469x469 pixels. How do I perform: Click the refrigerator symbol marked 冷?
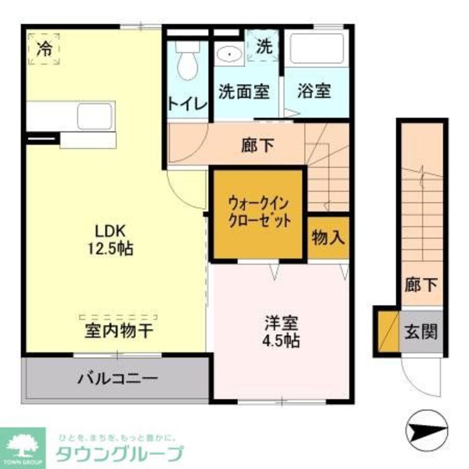[x=44, y=49]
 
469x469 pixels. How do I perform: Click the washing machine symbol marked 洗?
[x=264, y=47]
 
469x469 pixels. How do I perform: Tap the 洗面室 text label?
[x=243, y=91]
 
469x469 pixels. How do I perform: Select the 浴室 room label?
[x=314, y=91]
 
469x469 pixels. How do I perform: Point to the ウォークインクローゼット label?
[x=258, y=212]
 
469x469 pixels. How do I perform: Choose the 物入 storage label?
[x=328, y=238]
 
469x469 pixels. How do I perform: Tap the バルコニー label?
[x=117, y=378]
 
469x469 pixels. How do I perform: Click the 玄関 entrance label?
[x=421, y=332]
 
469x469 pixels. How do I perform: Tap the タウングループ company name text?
[x=119, y=454]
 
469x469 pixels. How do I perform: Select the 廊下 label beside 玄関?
[x=421, y=285]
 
